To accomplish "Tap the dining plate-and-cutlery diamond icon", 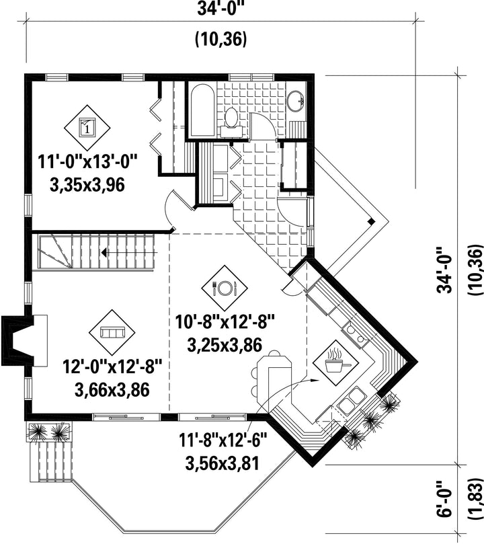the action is [225, 288].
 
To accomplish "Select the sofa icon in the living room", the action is [112, 332].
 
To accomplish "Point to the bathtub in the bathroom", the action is [200, 110].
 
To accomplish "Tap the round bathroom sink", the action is [296, 101].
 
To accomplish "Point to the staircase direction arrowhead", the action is [104, 253].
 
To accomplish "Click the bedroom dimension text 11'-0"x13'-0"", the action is [88, 162].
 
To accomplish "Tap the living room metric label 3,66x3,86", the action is [112, 389].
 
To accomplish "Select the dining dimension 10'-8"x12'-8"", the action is [225, 322].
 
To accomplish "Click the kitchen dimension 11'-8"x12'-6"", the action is [223, 440].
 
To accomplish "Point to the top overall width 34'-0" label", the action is [218, 9].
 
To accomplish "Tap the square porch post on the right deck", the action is [370, 221].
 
